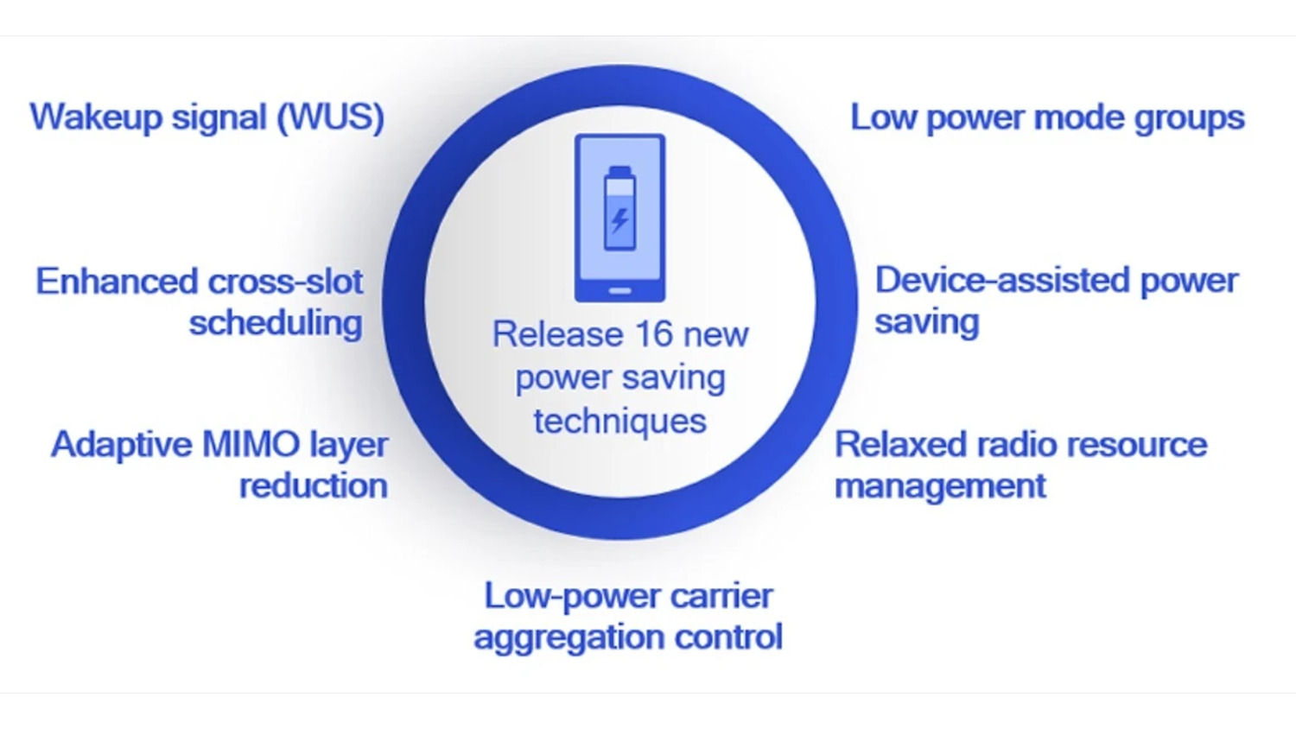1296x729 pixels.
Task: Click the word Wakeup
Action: click(96, 118)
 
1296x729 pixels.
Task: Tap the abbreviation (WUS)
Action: click(331, 117)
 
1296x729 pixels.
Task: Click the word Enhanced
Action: click(117, 282)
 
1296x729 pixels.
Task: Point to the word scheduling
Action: click(276, 323)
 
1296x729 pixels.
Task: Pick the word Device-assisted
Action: click(1001, 281)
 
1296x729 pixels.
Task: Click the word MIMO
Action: click(251, 444)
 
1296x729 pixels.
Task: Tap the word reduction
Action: click(314, 485)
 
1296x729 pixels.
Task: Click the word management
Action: click(940, 486)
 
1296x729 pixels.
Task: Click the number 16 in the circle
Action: click(654, 334)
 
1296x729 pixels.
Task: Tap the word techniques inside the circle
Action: click(620, 421)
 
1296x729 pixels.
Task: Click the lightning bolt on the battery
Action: click(619, 220)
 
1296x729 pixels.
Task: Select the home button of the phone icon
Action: click(620, 291)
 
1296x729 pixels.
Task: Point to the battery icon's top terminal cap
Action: click(619, 171)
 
